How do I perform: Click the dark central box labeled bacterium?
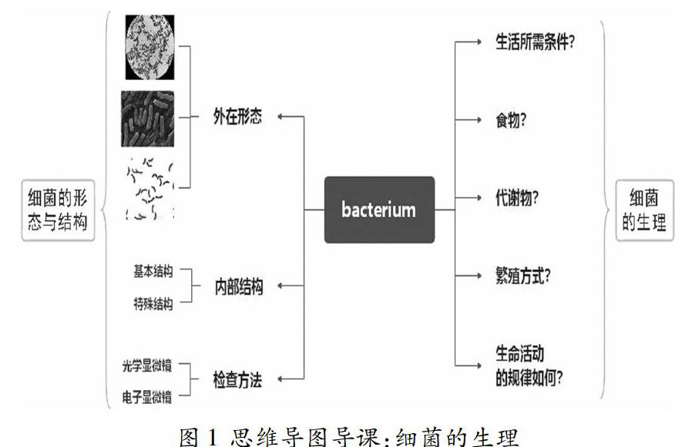tap(379, 209)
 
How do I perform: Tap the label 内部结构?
tap(238, 288)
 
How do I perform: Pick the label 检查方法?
tap(237, 379)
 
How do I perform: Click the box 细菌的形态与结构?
tap(53, 209)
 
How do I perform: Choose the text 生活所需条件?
tap(536, 42)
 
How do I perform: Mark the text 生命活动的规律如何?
tap(529, 365)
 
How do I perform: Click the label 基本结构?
tap(153, 272)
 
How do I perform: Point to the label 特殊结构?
tap(153, 303)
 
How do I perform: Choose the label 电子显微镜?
tap(146, 397)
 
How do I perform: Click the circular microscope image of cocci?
tap(150, 47)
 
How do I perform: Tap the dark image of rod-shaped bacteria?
tap(147, 118)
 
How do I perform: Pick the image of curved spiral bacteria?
tap(149, 188)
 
